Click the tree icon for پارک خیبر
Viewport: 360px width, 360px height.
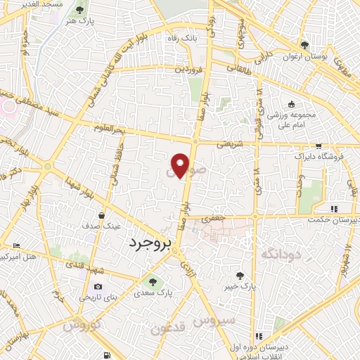click(243, 275)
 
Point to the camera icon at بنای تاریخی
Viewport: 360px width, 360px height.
click(98, 287)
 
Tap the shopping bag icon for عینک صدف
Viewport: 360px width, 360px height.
click(103, 216)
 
